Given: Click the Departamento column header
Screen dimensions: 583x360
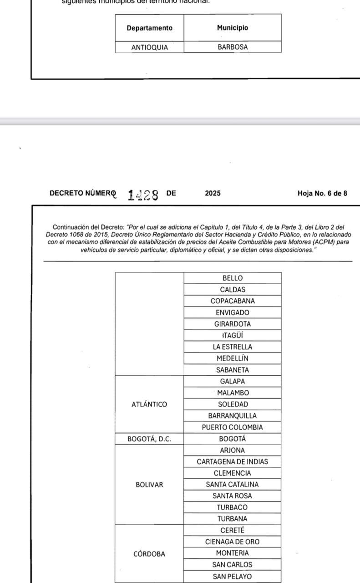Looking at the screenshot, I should point(149,28).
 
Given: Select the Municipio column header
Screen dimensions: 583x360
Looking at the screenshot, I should point(233,28).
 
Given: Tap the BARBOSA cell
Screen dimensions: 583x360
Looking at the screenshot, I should point(233,47).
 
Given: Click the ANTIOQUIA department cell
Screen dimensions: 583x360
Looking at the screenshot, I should point(149,47).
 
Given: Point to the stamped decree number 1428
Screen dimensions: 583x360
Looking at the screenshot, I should point(143,195).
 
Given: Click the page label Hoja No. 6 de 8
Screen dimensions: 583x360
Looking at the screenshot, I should point(322,193).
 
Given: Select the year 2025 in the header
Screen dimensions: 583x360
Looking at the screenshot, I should point(213,193).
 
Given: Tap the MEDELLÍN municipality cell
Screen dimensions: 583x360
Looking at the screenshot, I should point(233,358).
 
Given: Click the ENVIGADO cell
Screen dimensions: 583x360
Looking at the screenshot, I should point(233,312).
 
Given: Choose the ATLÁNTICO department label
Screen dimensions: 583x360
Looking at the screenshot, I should point(149,404).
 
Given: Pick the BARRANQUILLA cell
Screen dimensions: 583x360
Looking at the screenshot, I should point(233,416).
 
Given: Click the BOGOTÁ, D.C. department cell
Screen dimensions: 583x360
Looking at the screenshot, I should point(149,439).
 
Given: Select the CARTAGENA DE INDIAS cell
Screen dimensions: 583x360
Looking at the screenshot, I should point(233,462).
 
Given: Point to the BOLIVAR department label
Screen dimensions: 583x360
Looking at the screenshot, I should point(149,485).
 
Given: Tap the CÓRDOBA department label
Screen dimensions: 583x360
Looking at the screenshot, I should point(149,554).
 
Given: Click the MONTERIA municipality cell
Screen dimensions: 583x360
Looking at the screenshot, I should point(233,553).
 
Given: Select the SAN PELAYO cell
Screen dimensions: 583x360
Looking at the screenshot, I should point(233,576).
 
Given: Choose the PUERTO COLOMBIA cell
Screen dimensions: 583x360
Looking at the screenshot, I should point(233,427).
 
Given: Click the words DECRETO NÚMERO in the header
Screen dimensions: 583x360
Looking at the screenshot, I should point(82,193).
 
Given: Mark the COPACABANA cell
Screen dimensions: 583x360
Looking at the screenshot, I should point(233,301).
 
